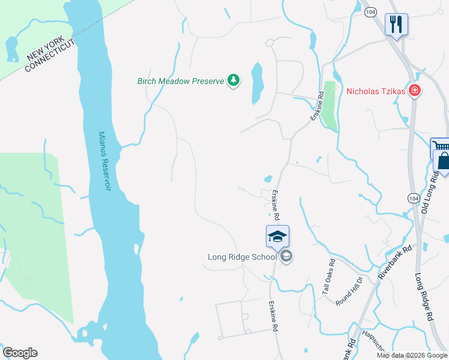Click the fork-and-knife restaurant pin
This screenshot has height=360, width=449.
click(396, 25)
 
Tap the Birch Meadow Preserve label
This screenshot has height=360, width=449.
click(181, 80)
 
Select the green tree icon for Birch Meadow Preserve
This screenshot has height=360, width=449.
click(234, 80)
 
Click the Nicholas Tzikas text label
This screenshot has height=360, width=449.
click(376, 92)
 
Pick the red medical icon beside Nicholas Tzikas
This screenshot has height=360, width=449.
click(414, 91)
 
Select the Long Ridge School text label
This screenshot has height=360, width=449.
click(242, 257)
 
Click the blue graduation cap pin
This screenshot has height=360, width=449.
click(277, 236)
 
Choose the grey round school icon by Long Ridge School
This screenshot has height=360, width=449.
click(286, 257)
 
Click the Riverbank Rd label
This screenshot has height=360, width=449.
click(394, 261)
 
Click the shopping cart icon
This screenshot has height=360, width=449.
click(439, 147)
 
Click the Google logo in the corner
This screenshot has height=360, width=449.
click(20, 353)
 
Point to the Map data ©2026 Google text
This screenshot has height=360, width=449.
click(412, 355)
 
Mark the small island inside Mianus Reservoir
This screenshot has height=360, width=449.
click(137, 249)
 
